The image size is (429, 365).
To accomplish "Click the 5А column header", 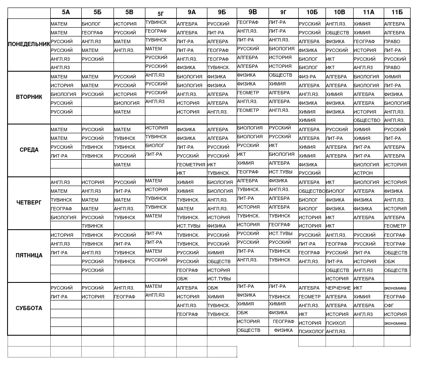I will pos(66,13).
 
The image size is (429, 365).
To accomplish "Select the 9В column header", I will pos(253,13).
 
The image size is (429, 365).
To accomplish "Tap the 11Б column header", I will pos(397,13).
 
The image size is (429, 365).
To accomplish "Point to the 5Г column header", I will pos(160,13).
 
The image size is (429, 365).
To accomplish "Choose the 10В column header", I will pos(339,13).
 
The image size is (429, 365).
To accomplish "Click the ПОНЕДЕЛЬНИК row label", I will pos(29,44).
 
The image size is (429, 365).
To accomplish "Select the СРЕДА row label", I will pos(29,150).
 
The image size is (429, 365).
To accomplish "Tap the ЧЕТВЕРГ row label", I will pos(29,202).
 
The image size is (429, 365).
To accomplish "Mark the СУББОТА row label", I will pos(29,308).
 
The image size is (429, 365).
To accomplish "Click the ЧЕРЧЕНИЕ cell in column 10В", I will pos(339,288).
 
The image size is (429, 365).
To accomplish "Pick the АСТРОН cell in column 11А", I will pos(363,173).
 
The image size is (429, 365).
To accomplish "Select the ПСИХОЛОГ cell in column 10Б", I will pos(312,331).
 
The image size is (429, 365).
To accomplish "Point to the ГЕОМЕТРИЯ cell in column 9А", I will pos(191,165).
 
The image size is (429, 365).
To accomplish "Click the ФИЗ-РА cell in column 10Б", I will pos(308,77).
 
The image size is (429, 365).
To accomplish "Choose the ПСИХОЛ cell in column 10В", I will pos(336,323).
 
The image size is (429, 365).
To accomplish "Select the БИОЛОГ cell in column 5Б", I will pos(91,24).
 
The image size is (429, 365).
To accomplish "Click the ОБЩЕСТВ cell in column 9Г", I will pos(281,75).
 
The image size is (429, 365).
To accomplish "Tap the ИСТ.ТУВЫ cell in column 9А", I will pos(189,226).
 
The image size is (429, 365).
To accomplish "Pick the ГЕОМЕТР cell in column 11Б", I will pos(395,226).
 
